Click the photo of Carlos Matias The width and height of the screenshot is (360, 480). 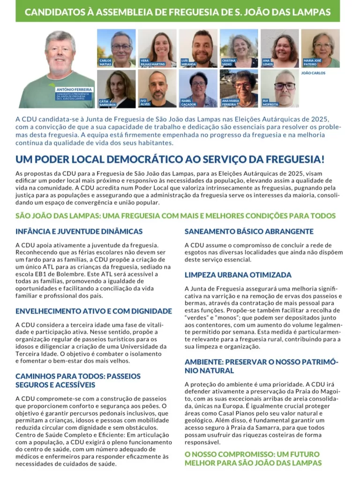click(116, 48)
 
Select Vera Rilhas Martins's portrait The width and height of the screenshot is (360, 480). click(157, 48)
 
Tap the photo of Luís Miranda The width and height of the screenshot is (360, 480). click(198, 48)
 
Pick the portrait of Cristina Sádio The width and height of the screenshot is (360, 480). click(239, 48)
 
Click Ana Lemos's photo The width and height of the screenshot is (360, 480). click(279, 48)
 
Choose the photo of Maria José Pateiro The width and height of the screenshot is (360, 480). click(320, 48)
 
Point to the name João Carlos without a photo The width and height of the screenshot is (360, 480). click(313, 73)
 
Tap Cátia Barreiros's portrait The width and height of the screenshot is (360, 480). click(116, 89)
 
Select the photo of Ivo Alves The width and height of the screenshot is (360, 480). click(157, 89)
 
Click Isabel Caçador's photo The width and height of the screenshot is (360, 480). click(198, 89)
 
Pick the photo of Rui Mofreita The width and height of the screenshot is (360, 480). click(279, 89)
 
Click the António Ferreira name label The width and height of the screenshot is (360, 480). click(74, 89)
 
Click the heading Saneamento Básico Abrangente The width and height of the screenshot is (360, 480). click(249, 232)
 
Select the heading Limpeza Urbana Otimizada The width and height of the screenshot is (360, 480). click(238, 275)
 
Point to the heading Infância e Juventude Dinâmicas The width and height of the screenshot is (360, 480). click(79, 232)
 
